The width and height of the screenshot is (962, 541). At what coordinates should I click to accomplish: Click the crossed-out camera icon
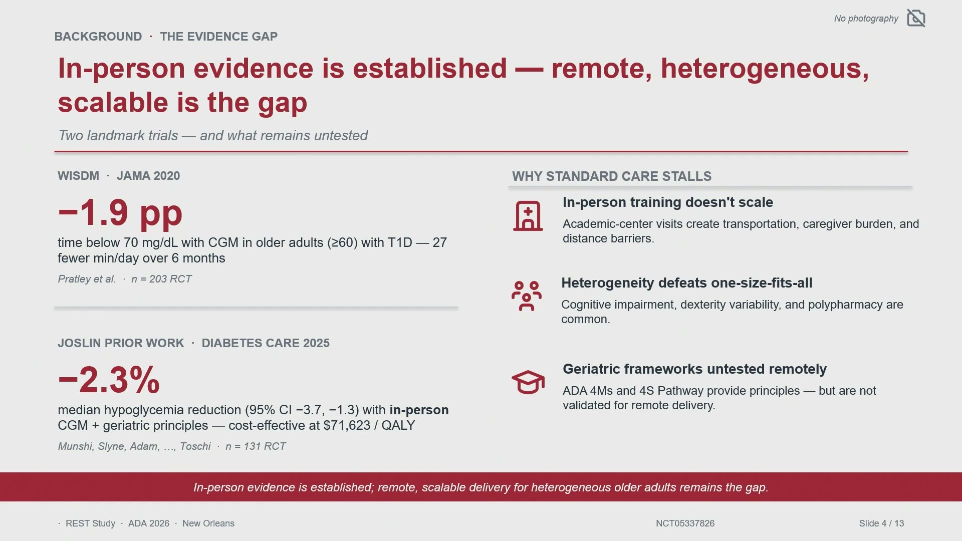coord(916,18)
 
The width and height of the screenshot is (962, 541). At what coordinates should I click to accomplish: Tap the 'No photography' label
coord(866,19)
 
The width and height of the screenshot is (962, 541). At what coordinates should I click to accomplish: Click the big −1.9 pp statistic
coord(120,212)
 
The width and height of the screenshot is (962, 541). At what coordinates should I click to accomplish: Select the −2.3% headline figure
coord(109,380)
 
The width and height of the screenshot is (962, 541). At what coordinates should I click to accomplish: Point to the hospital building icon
coord(528,216)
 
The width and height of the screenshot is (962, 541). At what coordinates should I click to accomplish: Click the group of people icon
coord(527,296)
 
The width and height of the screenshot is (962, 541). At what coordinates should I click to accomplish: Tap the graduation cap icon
coord(528,382)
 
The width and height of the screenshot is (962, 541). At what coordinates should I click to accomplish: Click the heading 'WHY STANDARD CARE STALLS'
coord(612,176)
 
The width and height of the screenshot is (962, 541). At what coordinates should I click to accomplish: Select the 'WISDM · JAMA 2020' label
coord(119,176)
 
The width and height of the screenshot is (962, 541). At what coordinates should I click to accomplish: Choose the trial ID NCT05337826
coord(685,523)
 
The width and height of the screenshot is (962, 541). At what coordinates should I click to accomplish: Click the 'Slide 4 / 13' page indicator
coord(881,523)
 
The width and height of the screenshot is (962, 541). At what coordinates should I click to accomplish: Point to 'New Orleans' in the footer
coord(208,523)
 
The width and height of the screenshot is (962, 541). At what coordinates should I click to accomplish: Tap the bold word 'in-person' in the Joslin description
coord(419,410)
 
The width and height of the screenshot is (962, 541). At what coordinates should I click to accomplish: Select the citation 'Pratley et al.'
coord(87,279)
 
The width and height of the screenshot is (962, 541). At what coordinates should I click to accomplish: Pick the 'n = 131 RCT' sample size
coord(256,446)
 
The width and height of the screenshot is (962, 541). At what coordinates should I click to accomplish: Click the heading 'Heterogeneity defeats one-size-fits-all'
coord(687,283)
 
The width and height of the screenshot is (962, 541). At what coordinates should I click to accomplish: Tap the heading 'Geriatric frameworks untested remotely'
coord(694,369)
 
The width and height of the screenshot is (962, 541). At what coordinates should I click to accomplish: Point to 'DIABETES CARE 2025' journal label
coord(266,343)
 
